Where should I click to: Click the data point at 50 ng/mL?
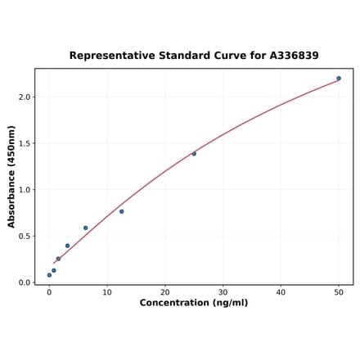coord(339,79)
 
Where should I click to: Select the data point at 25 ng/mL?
coord(194,154)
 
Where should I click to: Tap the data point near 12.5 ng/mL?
coord(122,211)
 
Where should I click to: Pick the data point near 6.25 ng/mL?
coord(85,228)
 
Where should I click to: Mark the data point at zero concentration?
coord(49,275)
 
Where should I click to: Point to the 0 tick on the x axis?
coord(49,292)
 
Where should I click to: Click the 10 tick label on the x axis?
coord(107,292)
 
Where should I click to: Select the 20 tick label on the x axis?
coord(165,292)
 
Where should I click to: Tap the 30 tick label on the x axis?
coord(223,292)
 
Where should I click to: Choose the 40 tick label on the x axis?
coord(281,292)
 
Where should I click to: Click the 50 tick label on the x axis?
coord(339,292)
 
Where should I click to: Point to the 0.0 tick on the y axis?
coord(25,282)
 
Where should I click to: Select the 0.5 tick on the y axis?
coord(25,237)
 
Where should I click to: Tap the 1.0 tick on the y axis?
coord(25,190)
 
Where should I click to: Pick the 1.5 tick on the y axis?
coord(25,143)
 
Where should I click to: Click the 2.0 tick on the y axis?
coord(25,97)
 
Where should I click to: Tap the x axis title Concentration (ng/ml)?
coord(194,303)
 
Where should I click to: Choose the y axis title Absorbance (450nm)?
coord(12,176)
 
